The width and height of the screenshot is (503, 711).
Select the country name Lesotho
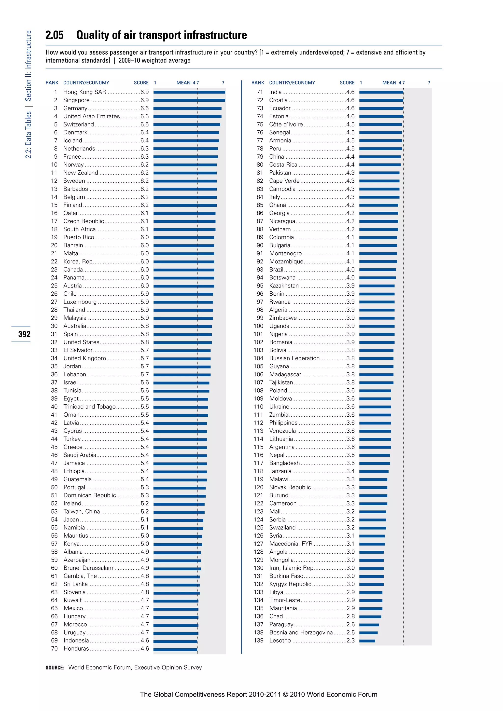(x=280, y=640)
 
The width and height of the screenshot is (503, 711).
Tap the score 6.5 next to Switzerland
(x=144, y=124)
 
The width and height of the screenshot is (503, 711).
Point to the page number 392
(x=24, y=334)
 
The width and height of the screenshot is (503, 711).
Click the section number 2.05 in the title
(x=55, y=35)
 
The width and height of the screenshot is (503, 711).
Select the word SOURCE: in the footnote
(x=55, y=668)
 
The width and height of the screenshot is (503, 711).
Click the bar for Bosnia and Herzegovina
(x=368, y=633)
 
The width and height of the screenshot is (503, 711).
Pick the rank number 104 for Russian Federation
(x=258, y=358)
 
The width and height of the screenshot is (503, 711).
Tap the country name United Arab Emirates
(x=91, y=116)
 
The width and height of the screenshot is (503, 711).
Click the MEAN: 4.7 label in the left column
(x=188, y=83)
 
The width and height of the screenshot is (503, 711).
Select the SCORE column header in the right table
(x=347, y=83)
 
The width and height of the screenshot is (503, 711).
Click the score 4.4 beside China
(x=350, y=157)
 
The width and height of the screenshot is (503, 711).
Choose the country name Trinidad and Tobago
(x=89, y=407)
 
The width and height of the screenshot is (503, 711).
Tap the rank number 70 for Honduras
(x=54, y=648)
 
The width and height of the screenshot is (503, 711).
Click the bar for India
(x=381, y=92)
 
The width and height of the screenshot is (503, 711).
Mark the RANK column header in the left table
(x=52, y=83)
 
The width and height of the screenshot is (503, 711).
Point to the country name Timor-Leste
(x=285, y=600)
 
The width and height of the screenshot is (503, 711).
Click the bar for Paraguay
(x=369, y=625)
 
